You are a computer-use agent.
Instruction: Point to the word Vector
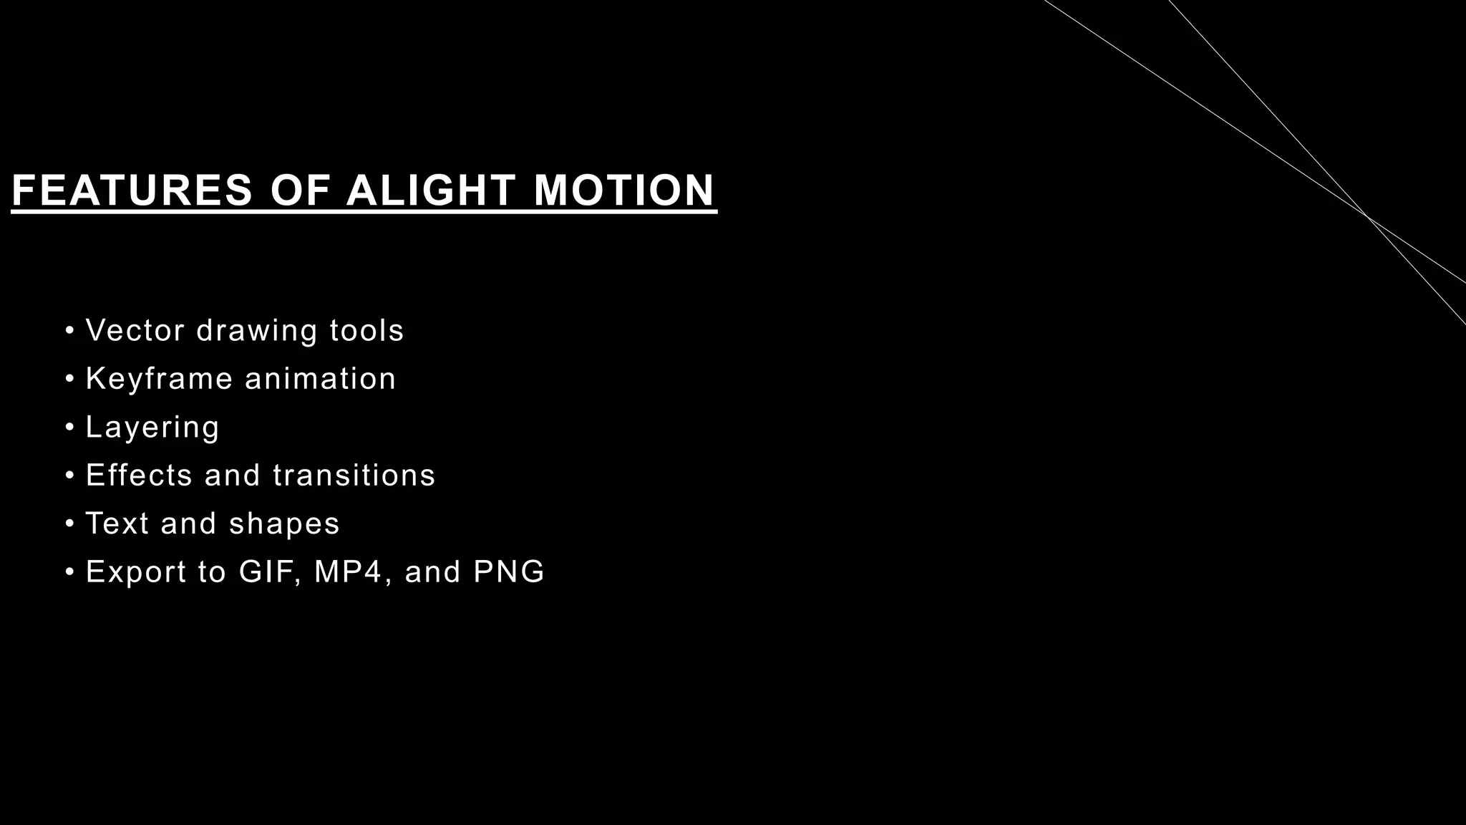click(135, 331)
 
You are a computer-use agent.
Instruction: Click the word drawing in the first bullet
click(257, 331)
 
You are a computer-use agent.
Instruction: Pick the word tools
click(366, 331)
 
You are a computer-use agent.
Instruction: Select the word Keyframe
click(159, 379)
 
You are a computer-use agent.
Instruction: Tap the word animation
click(320, 379)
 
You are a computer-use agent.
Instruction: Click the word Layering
click(152, 428)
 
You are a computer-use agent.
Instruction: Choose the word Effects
click(139, 476)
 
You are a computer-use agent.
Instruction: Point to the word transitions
click(354, 476)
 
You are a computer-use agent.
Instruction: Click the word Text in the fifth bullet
click(117, 524)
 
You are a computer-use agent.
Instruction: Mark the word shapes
click(284, 524)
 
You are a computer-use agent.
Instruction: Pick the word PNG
click(509, 571)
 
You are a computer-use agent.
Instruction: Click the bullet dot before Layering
click(69, 428)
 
